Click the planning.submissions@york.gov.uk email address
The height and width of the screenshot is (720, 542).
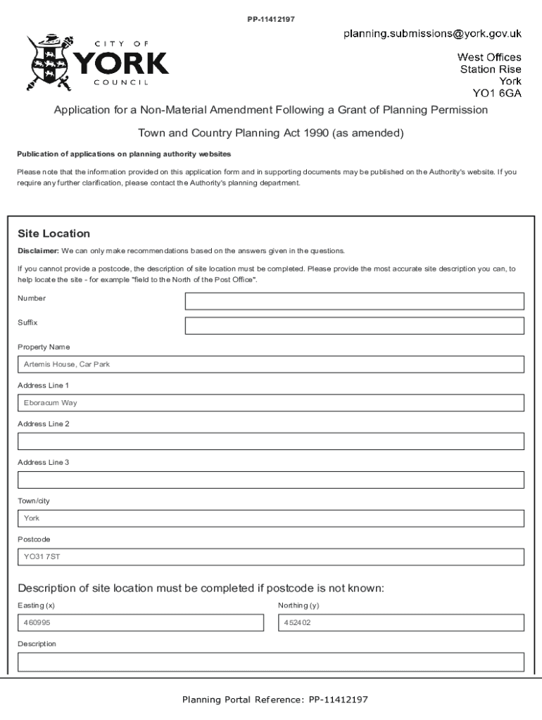pyautogui.click(x=432, y=33)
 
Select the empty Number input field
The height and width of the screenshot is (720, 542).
pyautogui.click(x=354, y=301)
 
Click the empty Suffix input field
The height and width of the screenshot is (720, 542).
pyautogui.click(x=354, y=326)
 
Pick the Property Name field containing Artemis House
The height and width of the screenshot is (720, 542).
pyautogui.click(x=270, y=364)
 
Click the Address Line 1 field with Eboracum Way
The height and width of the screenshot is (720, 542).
pyautogui.click(x=270, y=403)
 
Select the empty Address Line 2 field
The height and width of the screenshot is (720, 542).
pyautogui.click(x=270, y=442)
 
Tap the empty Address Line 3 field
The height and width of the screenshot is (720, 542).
pyautogui.click(x=270, y=480)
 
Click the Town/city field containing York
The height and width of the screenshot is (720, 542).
pyautogui.click(x=270, y=518)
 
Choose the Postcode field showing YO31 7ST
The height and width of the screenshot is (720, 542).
pyautogui.click(x=270, y=557)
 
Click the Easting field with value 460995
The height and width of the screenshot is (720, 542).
pyautogui.click(x=140, y=623)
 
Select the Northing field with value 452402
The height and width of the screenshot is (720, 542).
pyautogui.click(x=401, y=623)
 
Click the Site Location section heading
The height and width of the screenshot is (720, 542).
pyautogui.click(x=53, y=233)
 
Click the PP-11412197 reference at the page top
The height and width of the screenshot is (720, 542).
pyautogui.click(x=270, y=19)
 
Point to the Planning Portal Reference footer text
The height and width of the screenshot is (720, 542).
pyautogui.click(x=275, y=700)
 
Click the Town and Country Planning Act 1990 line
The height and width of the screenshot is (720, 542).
pyautogui.click(x=270, y=132)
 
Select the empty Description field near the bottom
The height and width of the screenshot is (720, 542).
pyautogui.click(x=270, y=662)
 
